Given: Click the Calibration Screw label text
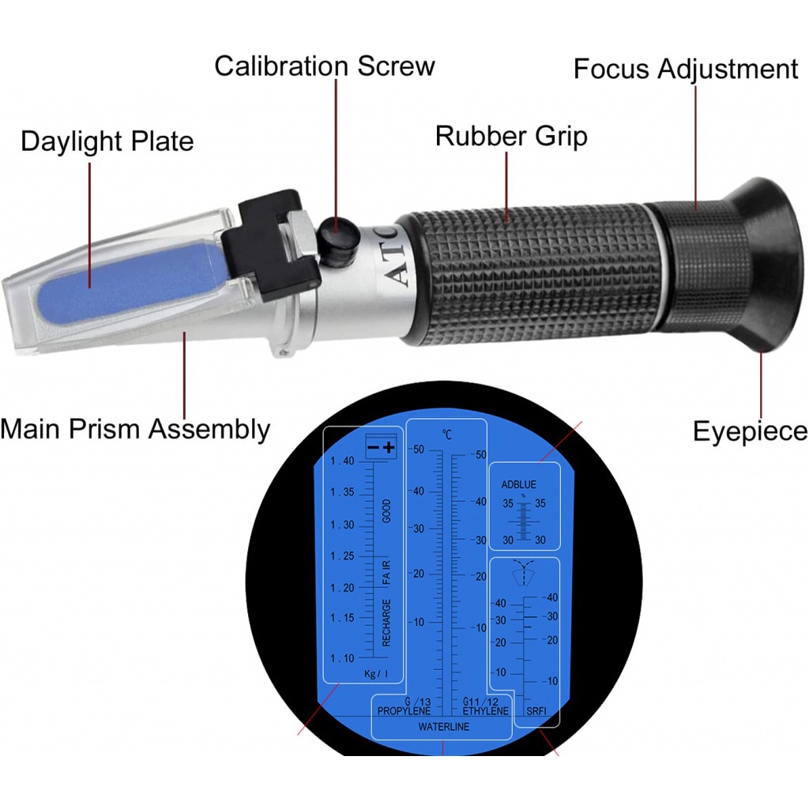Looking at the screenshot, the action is tap(325, 66).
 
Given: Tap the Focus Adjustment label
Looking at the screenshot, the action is tap(686, 69).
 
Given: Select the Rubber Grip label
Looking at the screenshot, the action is tap(511, 136).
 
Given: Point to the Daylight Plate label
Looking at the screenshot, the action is tap(107, 141).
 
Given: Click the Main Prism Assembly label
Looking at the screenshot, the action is tap(135, 429).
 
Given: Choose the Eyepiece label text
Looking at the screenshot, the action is tap(751, 431).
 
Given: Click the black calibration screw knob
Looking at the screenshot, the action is tap(338, 236).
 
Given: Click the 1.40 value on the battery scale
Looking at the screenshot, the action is tap(342, 461).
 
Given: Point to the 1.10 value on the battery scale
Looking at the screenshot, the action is tap(342, 658).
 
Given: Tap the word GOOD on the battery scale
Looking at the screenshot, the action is tap(386, 511).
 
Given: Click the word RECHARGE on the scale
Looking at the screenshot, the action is tap(386, 623).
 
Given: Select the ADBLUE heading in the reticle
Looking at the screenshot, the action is tap(518, 484).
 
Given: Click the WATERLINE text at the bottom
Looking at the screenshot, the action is tap(444, 727).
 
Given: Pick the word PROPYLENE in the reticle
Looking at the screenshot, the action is tap(404, 711).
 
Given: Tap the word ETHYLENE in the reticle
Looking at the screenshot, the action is tap(486, 711).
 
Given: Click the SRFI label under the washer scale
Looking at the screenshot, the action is tap(536, 711).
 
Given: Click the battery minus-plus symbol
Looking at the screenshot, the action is tap(382, 447).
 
